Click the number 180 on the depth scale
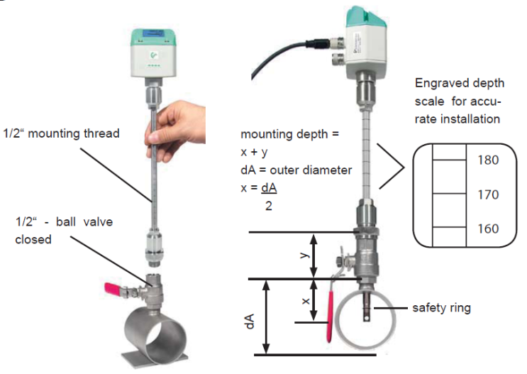point(488,160)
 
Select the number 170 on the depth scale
point(488,194)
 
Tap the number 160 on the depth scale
point(488,229)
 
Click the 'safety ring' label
point(441,308)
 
